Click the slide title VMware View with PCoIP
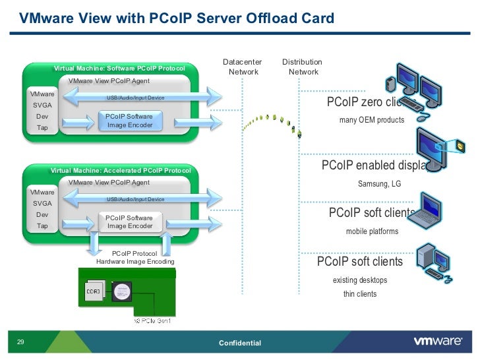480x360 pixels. (176, 18)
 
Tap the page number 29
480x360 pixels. (20, 342)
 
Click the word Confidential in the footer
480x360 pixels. (239, 344)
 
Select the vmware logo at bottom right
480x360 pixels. (436, 342)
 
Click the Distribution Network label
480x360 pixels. (302, 67)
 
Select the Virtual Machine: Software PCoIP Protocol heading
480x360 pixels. (119, 69)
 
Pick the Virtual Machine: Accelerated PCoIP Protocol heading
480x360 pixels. (121, 171)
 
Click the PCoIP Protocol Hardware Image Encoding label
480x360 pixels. (135, 257)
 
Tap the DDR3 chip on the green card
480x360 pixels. (94, 290)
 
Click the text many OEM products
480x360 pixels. (371, 120)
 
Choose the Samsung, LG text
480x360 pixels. (379, 183)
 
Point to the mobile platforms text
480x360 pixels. (372, 231)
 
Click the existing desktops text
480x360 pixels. (360, 280)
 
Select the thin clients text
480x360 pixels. (360, 293)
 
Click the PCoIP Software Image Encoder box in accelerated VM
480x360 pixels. (129, 222)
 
